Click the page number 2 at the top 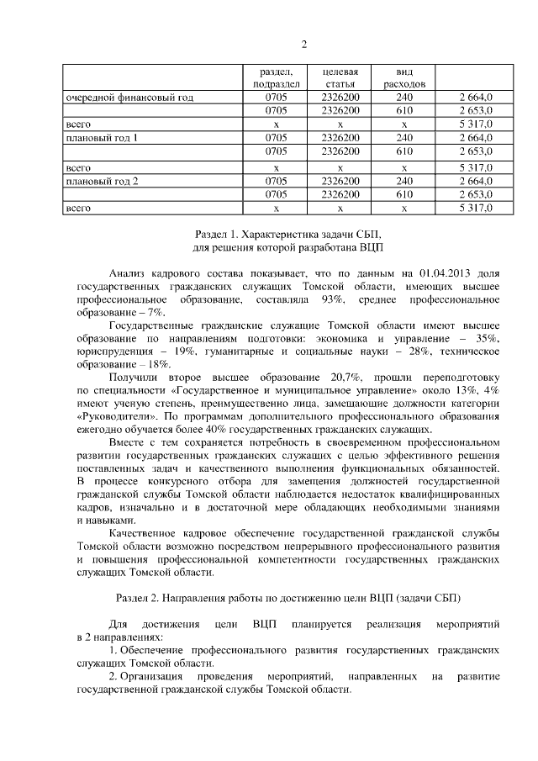(304, 45)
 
